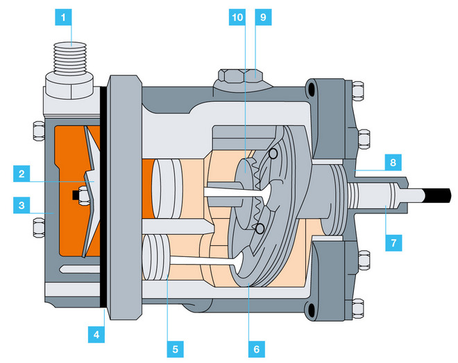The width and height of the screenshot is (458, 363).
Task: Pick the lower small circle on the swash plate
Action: [x=260, y=229]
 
